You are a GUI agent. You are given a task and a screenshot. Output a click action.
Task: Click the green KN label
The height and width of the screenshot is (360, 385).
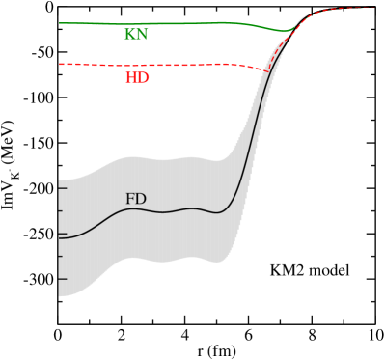tap(135, 35)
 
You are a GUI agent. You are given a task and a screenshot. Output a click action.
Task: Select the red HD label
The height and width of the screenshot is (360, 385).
tap(137, 78)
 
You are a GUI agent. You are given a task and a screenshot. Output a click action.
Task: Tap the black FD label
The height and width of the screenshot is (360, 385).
tap(136, 200)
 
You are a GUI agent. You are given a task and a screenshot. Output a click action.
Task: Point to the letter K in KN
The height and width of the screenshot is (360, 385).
tap(129, 35)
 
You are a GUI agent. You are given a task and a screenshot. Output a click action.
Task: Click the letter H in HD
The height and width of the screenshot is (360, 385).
tap(131, 78)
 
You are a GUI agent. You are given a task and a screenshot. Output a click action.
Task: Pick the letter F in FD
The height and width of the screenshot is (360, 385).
tap(130, 200)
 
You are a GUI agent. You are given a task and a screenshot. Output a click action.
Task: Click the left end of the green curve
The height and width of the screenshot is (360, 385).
tap(60, 23)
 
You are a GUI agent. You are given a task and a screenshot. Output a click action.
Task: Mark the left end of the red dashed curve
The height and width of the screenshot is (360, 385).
tap(60, 65)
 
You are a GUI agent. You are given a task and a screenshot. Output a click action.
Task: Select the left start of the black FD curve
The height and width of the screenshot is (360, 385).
tap(60, 236)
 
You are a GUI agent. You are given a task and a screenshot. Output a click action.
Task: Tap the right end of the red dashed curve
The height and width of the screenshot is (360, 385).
tap(372, 8)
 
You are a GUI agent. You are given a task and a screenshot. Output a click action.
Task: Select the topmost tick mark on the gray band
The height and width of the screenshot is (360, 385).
tap(60, 188)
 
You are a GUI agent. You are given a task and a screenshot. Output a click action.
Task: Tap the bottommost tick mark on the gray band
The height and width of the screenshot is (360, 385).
tap(60, 279)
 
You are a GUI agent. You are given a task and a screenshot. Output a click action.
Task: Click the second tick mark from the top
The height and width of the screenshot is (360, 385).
tap(60, 211)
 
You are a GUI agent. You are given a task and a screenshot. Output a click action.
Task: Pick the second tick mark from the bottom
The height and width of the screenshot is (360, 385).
tap(60, 256)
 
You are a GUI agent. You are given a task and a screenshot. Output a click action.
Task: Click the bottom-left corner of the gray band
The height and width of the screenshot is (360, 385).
tap(60, 296)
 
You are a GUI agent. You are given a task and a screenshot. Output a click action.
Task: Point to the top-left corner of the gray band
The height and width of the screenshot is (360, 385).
tap(60, 180)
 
